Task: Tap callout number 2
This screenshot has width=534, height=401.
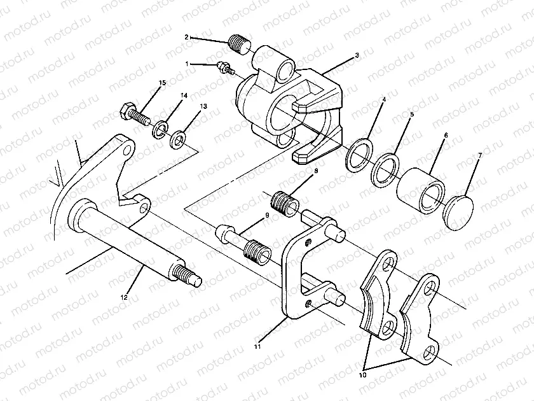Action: pyautogui.click(x=187, y=38)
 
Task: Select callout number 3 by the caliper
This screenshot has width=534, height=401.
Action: pyautogui.click(x=357, y=55)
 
